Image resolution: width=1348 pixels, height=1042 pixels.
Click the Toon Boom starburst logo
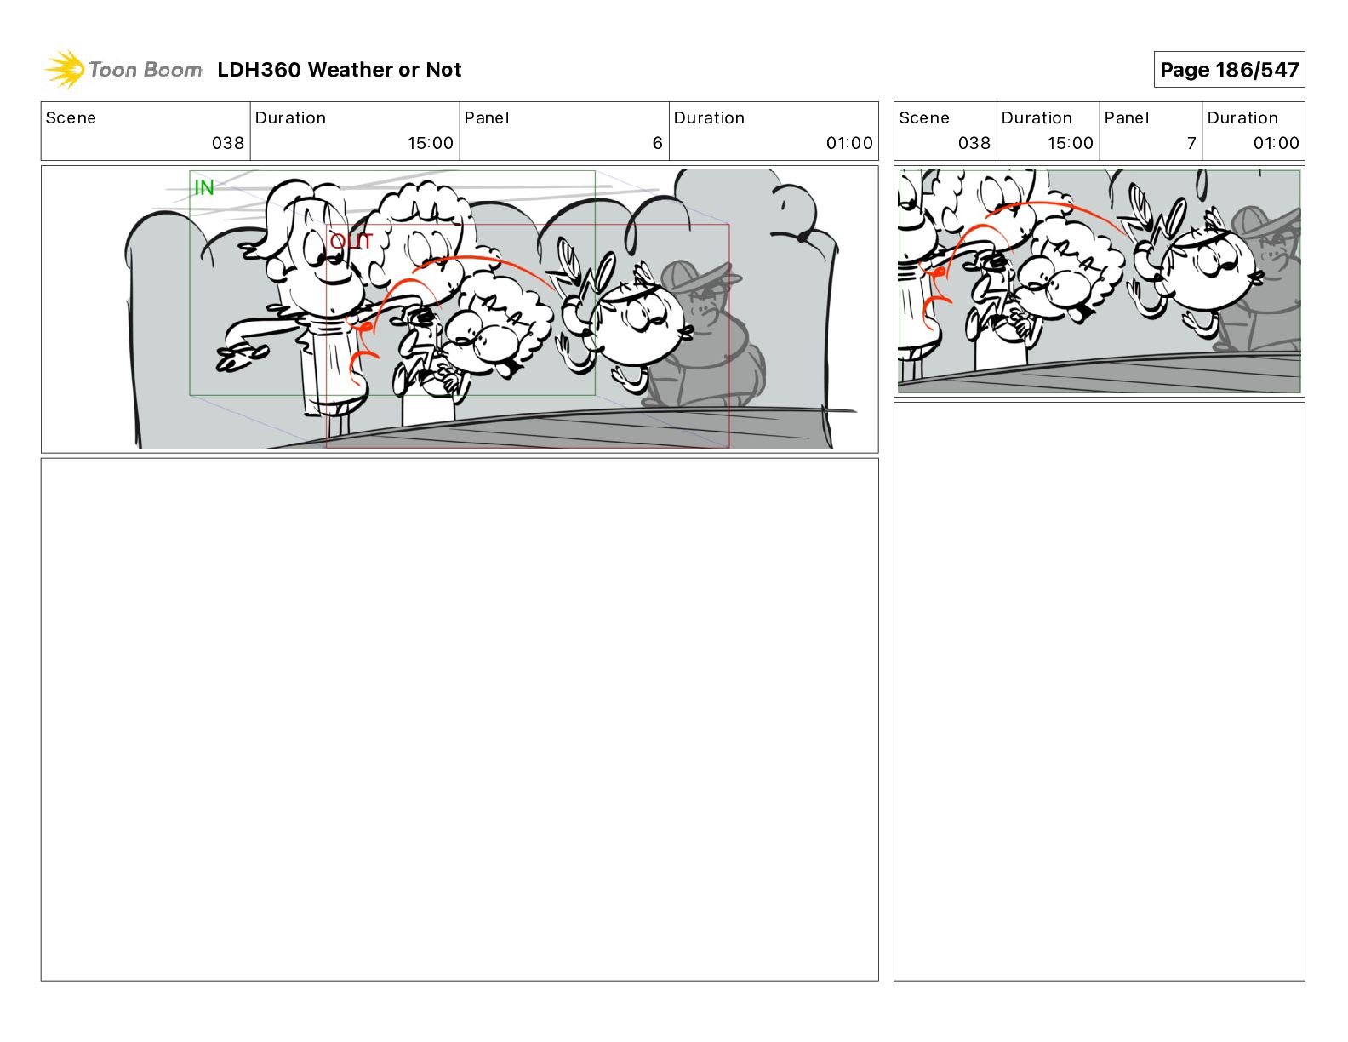point(65,69)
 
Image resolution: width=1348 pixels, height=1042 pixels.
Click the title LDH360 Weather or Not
point(340,70)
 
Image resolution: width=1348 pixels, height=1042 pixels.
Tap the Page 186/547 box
point(1229,70)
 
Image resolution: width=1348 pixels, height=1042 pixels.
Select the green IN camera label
point(204,187)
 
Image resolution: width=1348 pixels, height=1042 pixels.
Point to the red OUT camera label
point(351,241)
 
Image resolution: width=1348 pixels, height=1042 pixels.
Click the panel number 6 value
point(658,143)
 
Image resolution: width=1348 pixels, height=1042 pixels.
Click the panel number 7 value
point(1191,143)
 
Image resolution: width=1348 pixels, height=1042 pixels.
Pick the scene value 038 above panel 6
point(228,143)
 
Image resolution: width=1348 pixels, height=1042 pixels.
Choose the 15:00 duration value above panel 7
point(1070,143)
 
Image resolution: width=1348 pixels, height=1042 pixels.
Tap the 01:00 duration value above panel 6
point(849,143)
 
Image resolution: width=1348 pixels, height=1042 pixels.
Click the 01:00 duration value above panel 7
point(1276,143)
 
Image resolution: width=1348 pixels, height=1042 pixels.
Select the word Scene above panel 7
point(923,118)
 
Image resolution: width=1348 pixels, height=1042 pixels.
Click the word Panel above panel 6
point(486,118)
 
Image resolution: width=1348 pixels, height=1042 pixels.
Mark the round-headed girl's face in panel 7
point(1209,266)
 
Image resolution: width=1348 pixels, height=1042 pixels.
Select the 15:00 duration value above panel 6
point(430,143)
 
